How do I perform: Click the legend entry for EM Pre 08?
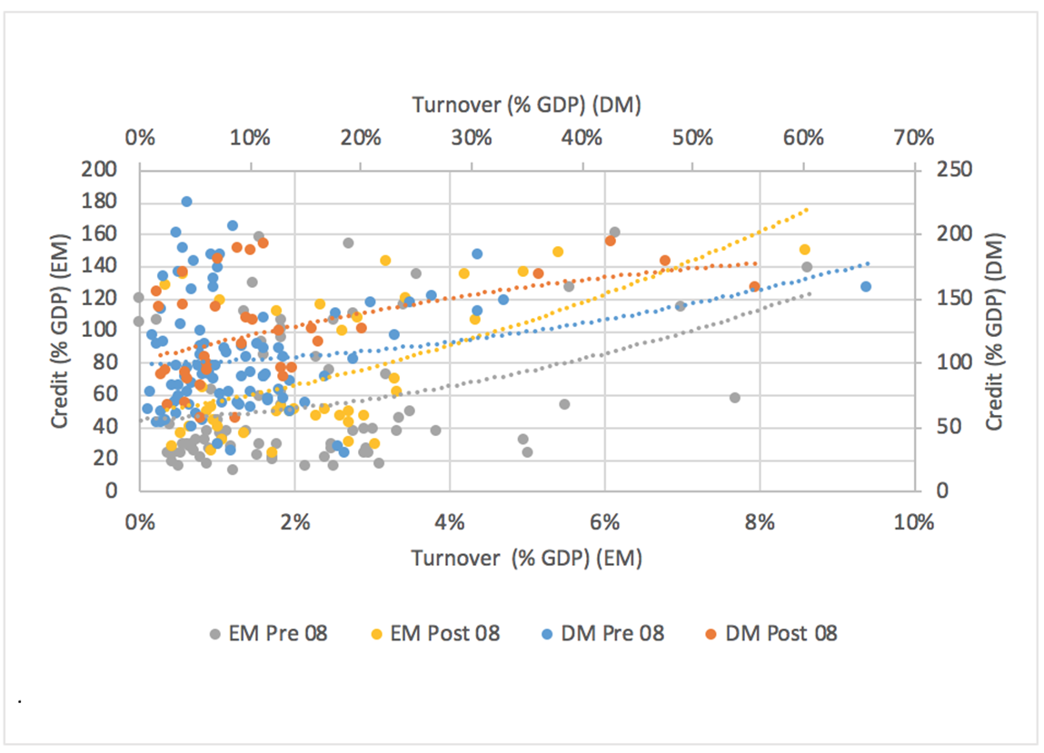(x=268, y=633)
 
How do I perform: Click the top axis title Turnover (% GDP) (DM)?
(x=526, y=105)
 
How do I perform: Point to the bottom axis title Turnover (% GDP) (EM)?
(x=526, y=559)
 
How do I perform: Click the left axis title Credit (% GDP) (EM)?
(x=60, y=330)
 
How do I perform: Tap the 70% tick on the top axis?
(x=913, y=138)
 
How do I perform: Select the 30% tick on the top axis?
(x=471, y=138)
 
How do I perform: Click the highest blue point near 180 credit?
(x=186, y=202)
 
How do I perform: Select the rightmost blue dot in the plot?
(x=866, y=286)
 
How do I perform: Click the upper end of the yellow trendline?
(x=807, y=209)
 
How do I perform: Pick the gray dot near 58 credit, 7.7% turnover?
(x=735, y=397)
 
